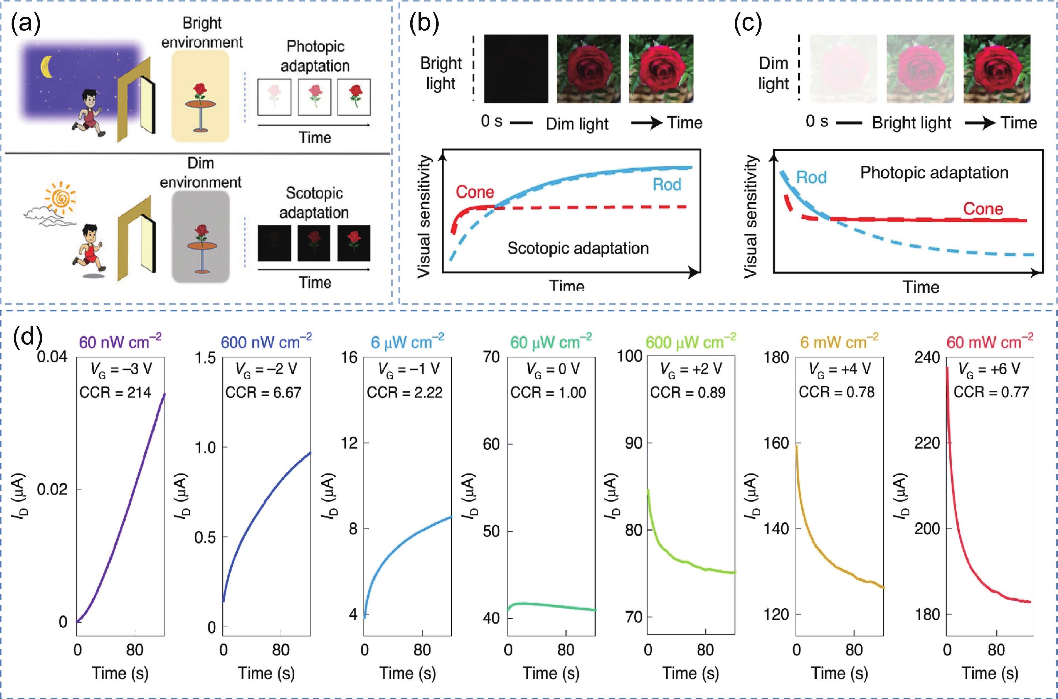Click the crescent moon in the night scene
click(x=46, y=67)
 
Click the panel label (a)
click(x=26, y=23)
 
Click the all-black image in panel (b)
click(x=516, y=69)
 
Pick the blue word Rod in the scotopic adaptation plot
click(x=667, y=184)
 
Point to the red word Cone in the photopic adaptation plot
click(x=983, y=209)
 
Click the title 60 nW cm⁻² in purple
click(x=120, y=342)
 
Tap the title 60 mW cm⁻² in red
click(x=989, y=342)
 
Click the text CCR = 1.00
click(x=548, y=392)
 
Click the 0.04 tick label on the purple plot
click(x=52, y=357)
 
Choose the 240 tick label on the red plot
click(x=927, y=357)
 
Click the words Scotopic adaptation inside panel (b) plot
click(x=578, y=248)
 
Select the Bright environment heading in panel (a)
click(x=202, y=33)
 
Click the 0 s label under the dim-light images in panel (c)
click(x=817, y=121)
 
